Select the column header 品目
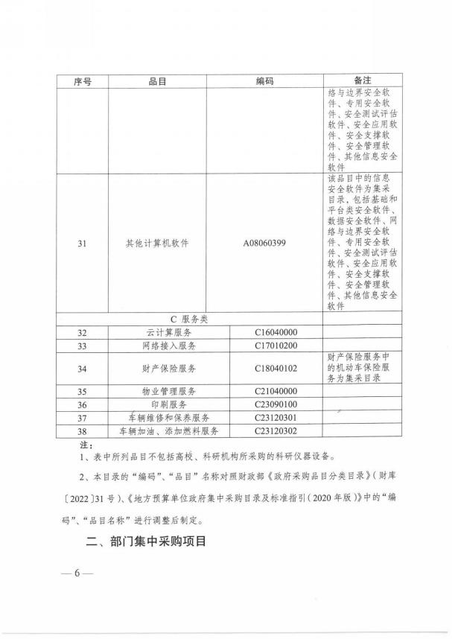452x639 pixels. [x=157, y=81]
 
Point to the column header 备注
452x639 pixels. [x=363, y=80]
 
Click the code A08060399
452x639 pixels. [x=264, y=243]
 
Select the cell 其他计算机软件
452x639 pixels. [x=157, y=243]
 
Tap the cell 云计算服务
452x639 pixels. [x=168, y=332]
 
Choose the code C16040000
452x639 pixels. [x=276, y=332]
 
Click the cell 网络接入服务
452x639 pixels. [x=168, y=346]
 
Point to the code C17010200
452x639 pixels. [x=276, y=346]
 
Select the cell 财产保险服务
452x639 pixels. [x=168, y=368]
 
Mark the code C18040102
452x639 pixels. [x=276, y=368]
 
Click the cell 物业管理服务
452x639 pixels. [x=168, y=391]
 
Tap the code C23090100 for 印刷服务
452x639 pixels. [x=276, y=404]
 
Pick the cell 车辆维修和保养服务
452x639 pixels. [x=168, y=418]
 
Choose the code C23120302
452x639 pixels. [x=276, y=431]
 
